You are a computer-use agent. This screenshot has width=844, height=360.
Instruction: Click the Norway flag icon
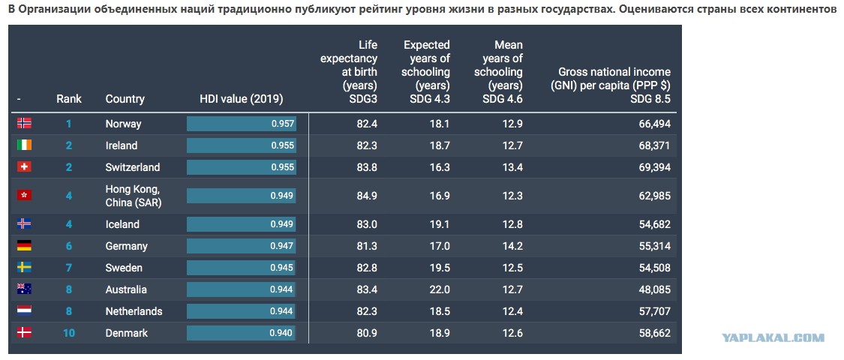pyautogui.click(x=24, y=123)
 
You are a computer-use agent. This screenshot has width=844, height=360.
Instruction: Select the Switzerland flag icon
pyautogui.click(x=24, y=166)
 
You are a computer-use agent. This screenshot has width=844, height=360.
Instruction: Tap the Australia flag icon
pyautogui.click(x=24, y=289)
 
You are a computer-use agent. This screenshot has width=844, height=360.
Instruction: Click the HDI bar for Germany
pyautogui.click(x=241, y=246)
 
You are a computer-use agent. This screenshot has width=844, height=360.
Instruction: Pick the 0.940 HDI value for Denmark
pyautogui.click(x=281, y=333)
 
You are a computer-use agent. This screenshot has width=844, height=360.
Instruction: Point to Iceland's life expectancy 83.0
pyautogui.click(x=367, y=224)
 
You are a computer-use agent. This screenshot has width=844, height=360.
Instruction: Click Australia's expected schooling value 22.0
pyautogui.click(x=439, y=289)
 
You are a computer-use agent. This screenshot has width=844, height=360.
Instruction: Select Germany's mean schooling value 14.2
pyautogui.click(x=512, y=246)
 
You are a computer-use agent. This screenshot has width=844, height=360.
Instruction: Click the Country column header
pyautogui.click(x=125, y=99)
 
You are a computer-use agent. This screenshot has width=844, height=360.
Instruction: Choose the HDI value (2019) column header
pyautogui.click(x=241, y=99)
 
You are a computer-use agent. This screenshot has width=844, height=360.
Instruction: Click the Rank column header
pyautogui.click(x=69, y=99)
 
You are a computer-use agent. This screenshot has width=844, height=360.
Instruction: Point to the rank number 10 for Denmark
pyautogui.click(x=69, y=333)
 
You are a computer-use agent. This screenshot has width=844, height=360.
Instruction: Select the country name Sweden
pyautogui.click(x=124, y=268)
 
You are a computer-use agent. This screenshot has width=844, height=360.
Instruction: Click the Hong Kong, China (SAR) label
pyautogui.click(x=134, y=196)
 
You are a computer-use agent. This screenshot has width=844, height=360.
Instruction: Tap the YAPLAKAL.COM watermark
pyautogui.click(x=773, y=338)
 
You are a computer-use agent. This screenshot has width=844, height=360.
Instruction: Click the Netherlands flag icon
pyautogui.click(x=24, y=310)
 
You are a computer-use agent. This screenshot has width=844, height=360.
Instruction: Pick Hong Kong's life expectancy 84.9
pyautogui.click(x=367, y=195)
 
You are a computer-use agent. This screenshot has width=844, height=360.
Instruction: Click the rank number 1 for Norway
pyautogui.click(x=69, y=124)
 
